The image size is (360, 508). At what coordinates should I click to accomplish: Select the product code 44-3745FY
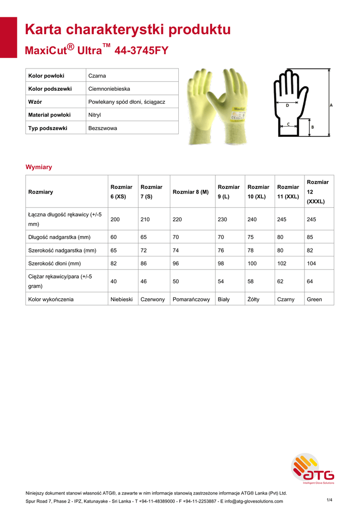(x=142, y=51)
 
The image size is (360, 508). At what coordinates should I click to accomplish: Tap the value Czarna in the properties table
(x=97, y=76)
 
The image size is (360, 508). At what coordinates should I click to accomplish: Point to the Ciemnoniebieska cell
(x=109, y=89)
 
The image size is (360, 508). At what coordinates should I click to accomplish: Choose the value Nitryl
(x=94, y=115)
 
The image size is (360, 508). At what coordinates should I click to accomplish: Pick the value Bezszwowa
(x=102, y=128)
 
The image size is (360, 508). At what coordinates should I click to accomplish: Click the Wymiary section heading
(x=39, y=167)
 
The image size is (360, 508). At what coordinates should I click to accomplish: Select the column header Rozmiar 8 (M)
(x=190, y=191)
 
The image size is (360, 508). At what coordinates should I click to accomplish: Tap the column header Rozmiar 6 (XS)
(x=121, y=191)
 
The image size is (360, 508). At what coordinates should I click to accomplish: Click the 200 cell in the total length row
(x=115, y=219)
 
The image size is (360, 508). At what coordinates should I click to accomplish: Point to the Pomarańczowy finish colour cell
(x=191, y=300)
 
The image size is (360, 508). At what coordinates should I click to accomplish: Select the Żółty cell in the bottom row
(x=253, y=300)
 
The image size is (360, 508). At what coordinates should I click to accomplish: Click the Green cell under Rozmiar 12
(x=314, y=300)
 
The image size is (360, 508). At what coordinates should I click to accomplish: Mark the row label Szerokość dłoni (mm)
(x=55, y=263)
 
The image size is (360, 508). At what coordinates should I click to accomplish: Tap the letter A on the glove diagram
(x=331, y=105)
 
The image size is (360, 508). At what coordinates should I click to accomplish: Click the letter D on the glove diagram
(x=288, y=106)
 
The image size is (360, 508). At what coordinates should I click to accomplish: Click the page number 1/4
(x=329, y=499)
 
